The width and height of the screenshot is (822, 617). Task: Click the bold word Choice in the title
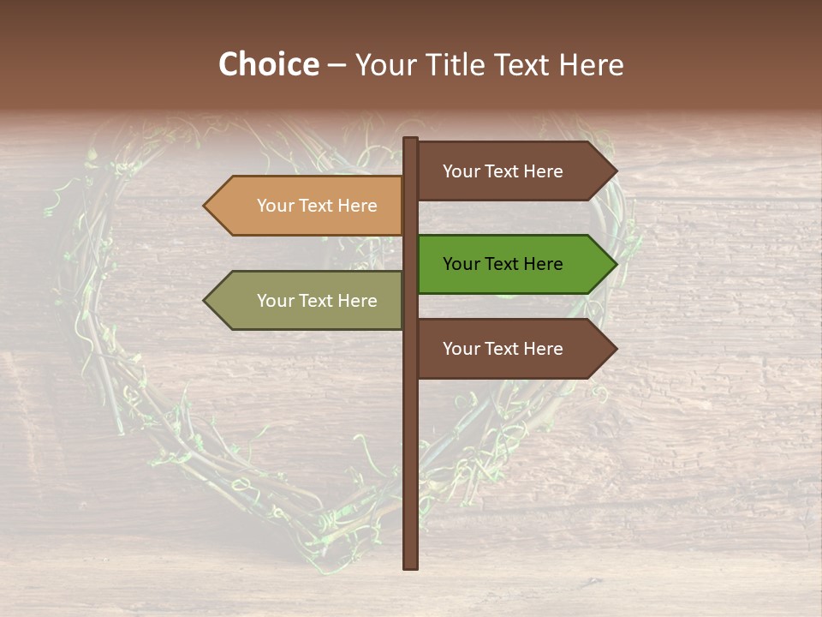(268, 65)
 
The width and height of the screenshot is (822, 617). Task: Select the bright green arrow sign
(514, 264)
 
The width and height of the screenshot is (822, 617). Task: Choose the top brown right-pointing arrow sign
(514, 171)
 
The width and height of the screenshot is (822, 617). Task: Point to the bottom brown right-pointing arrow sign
(514, 349)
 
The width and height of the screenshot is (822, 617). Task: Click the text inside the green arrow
(503, 264)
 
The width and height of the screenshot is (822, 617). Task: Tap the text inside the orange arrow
(317, 206)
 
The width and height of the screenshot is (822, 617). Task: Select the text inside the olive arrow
(317, 301)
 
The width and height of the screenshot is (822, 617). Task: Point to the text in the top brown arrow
(503, 171)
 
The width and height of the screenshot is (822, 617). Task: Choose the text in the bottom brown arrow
(503, 349)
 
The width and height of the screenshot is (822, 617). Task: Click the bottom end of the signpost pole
(410, 566)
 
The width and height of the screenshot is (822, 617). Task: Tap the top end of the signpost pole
(410, 141)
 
